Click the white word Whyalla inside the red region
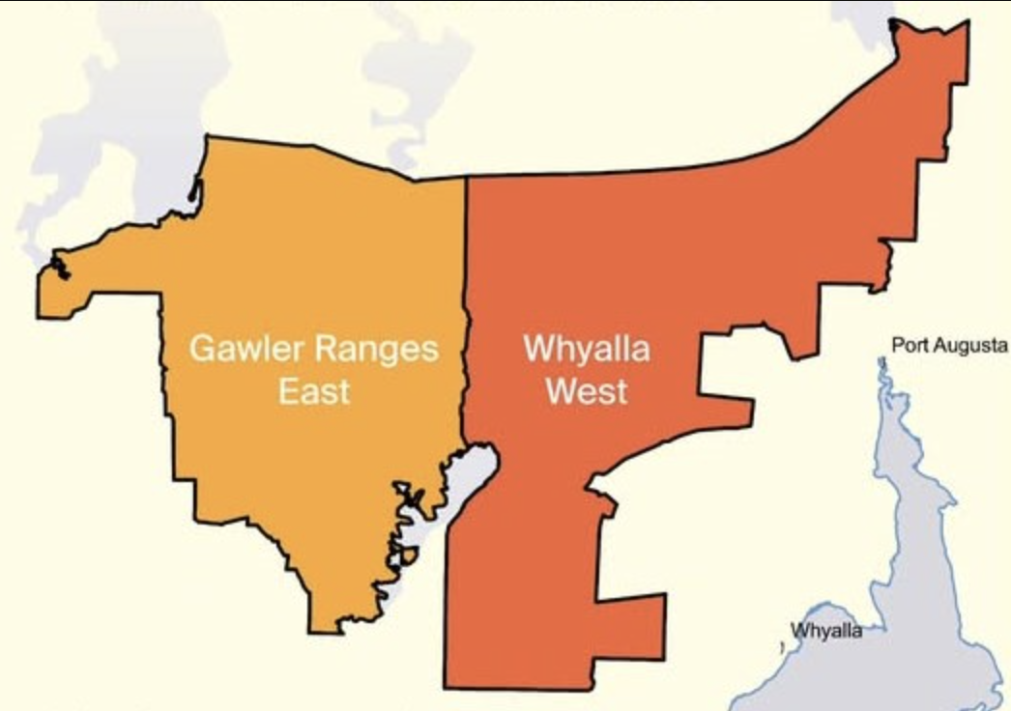coord(586,348)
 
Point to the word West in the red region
coord(586,391)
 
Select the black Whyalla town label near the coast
coord(825,631)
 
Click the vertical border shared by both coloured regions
coord(466,290)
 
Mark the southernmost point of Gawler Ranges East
coord(327,631)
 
